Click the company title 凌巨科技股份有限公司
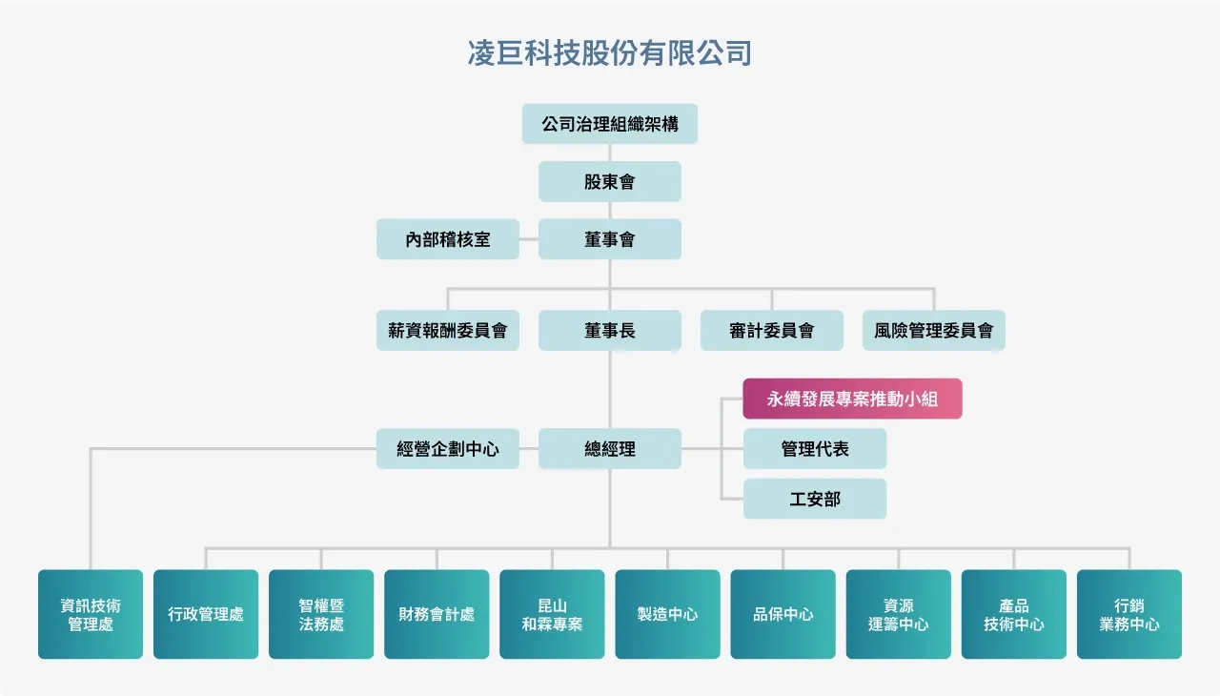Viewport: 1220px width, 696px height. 610,53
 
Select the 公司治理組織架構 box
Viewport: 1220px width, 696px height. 610,124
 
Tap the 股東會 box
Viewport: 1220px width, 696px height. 610,181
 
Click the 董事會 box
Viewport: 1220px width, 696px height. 610,239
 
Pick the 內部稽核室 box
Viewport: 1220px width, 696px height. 448,239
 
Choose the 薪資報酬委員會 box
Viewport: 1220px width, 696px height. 448,331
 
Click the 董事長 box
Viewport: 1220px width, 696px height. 610,331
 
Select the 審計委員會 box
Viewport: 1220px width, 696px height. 772,331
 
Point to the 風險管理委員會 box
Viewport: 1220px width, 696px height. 934,331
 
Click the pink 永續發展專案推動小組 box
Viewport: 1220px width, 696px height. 853,399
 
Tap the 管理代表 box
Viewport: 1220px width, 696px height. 815,448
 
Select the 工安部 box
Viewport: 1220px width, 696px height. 815,499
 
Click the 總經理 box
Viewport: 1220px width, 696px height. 610,448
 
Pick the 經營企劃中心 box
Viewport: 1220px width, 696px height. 448,448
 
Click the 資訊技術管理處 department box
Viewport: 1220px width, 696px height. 91,615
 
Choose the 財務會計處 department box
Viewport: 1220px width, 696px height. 437,615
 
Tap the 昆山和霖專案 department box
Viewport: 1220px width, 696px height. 552,615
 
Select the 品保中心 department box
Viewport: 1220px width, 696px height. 783,615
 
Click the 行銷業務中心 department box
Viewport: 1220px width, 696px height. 1129,615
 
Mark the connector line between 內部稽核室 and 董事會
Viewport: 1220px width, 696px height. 529,239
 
